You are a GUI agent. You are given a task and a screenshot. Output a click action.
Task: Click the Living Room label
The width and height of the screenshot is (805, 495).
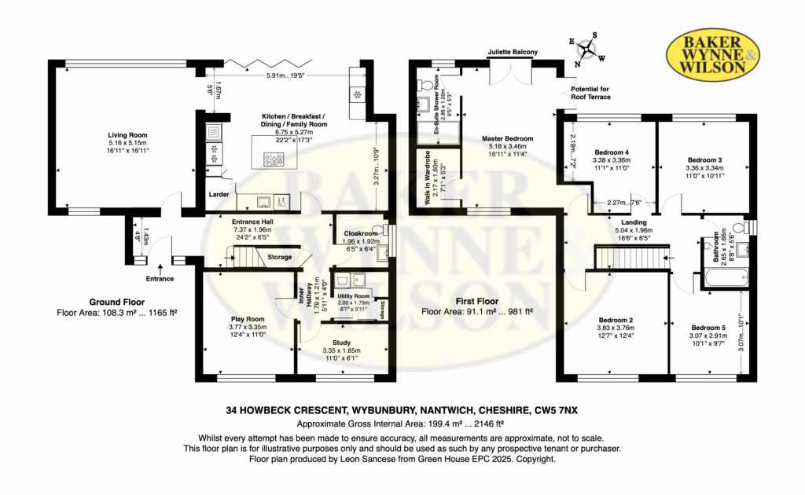[x=127, y=135]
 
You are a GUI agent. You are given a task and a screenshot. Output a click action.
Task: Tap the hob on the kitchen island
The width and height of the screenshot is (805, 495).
[x=274, y=160]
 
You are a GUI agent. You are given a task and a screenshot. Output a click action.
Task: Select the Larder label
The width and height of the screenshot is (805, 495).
[x=219, y=194]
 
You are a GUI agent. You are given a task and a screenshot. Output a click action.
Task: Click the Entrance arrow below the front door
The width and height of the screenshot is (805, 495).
[x=160, y=268]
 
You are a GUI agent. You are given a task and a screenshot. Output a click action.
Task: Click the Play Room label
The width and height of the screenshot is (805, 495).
[x=248, y=319]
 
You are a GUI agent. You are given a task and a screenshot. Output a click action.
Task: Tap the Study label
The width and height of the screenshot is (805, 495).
[x=341, y=343]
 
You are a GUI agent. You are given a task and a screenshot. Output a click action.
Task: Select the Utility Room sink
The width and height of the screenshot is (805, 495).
[x=357, y=280]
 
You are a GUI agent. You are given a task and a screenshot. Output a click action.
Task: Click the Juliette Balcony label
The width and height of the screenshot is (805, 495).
[x=513, y=52]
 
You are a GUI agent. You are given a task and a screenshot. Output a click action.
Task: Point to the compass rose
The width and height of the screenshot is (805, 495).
[x=586, y=49]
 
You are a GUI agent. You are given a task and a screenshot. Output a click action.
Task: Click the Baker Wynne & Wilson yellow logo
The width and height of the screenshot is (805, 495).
[x=712, y=54]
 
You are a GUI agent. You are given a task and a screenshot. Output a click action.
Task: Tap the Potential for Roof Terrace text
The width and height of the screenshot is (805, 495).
[x=590, y=93]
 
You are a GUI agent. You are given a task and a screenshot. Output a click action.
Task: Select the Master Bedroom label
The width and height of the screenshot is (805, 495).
[x=507, y=138]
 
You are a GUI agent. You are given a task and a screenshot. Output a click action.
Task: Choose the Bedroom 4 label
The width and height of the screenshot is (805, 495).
[x=612, y=152]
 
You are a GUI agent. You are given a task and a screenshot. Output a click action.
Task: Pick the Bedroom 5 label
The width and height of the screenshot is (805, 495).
[x=708, y=328]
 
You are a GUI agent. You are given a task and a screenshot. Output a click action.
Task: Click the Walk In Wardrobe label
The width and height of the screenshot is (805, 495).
[x=427, y=178]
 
